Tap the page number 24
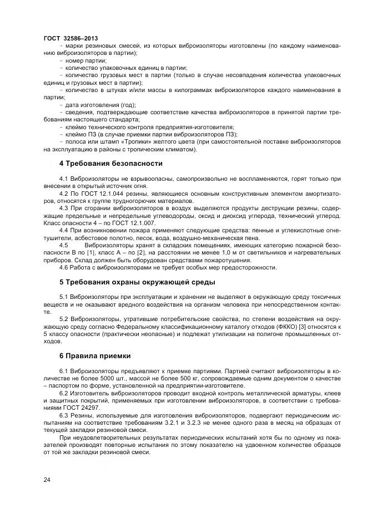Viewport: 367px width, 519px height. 47,481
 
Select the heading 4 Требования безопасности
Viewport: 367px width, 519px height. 110,164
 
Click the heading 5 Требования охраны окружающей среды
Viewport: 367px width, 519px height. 137,282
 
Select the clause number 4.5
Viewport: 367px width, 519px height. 63,245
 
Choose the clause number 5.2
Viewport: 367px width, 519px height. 63,320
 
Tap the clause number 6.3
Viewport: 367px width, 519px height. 63,415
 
